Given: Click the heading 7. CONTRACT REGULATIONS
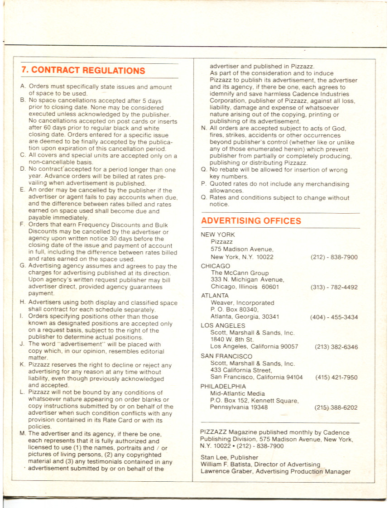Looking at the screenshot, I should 83,71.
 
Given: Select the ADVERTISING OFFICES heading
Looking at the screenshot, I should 251,221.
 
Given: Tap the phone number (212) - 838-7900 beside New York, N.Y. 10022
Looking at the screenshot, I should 334,257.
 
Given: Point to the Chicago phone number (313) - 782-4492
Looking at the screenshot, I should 334,287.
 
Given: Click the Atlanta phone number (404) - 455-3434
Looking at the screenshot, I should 334,317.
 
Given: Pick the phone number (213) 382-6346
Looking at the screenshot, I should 336,347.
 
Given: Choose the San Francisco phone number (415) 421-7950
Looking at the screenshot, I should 336,377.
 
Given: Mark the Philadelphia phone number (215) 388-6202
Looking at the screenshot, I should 336,407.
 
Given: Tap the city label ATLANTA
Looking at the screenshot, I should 215,296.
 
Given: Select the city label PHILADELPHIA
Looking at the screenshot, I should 223,386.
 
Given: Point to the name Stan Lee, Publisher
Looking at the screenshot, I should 229,457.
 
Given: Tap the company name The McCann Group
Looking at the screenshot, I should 240,273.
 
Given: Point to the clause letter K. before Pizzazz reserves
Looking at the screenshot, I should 22,365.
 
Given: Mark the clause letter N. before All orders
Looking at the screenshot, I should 204,129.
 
